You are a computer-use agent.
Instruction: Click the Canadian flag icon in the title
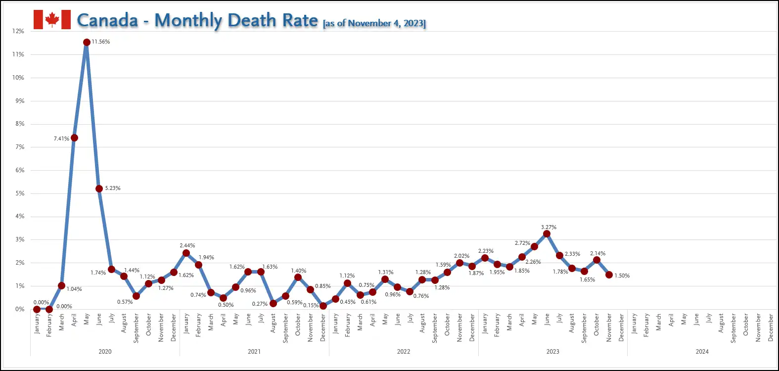coord(52,20)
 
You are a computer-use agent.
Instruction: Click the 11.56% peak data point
coord(87,42)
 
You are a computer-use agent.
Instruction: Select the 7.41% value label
coord(61,139)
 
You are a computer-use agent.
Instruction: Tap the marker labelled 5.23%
coord(99,188)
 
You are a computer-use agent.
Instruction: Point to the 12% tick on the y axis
coord(18,31)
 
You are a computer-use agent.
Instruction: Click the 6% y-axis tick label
coord(20,170)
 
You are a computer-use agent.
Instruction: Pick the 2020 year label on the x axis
coord(105,352)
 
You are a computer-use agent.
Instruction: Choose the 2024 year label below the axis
coord(702,352)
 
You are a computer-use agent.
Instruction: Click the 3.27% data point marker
coord(547,234)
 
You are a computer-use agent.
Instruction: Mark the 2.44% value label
coord(187,245)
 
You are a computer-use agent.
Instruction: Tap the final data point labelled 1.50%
coord(609,275)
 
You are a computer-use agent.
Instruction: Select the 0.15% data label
coord(311,305)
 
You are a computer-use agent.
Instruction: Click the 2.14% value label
coord(597,253)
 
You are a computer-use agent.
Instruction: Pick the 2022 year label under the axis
coord(404,352)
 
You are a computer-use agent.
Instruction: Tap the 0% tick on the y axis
coord(20,309)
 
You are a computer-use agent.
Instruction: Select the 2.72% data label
coord(522,243)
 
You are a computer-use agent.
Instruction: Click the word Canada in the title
coord(107,20)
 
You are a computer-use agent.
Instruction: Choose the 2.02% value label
coord(461,256)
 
